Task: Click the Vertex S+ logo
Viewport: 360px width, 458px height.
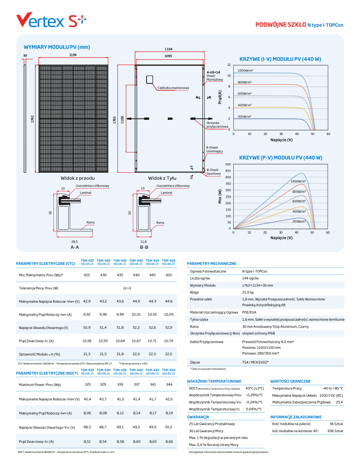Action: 51,20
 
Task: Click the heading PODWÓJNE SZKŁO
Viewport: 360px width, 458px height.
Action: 281,24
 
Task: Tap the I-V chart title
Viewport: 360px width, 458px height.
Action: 281,59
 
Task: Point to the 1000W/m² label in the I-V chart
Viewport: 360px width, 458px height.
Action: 246,70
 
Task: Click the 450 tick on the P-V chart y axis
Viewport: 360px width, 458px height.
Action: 228,171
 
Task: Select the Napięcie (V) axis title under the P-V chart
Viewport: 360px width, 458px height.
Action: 281,238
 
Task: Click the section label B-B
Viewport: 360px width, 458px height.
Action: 144,247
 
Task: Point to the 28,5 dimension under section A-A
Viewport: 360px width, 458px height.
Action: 75,241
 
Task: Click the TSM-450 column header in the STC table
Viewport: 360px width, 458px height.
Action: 169,261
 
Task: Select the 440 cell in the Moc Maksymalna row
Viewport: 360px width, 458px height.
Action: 136,275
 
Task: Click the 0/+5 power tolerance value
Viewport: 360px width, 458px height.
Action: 127,288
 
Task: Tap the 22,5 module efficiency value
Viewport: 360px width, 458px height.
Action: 169,354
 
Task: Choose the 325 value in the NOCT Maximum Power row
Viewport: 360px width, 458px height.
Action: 87,384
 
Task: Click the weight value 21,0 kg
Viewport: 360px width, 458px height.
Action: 248,292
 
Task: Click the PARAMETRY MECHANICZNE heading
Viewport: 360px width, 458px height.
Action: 212,264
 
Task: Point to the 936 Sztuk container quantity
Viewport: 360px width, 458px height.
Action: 335,431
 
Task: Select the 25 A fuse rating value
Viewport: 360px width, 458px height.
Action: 339,402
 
